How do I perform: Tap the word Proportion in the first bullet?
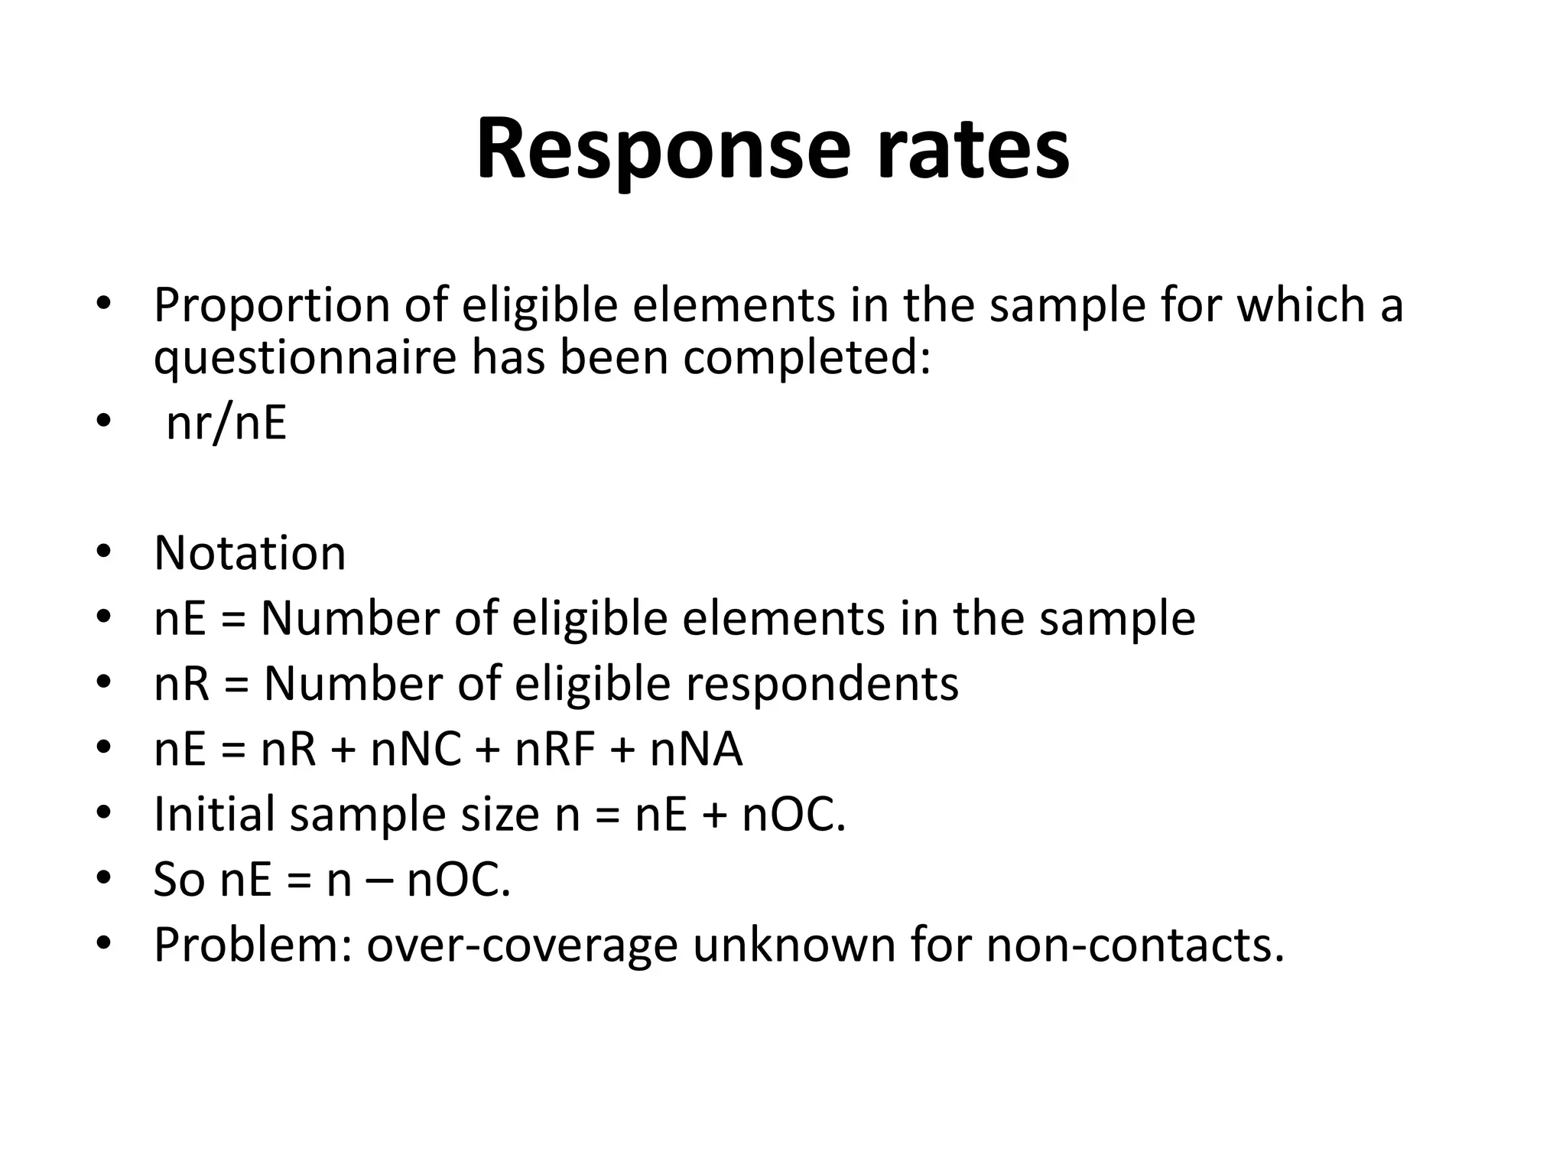272,306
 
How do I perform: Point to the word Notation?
250,553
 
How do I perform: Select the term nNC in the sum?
416,749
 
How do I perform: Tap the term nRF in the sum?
555,749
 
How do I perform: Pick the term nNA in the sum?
696,749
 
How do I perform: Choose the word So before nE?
179,880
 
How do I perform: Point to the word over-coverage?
522,946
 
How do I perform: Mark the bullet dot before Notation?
105,552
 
